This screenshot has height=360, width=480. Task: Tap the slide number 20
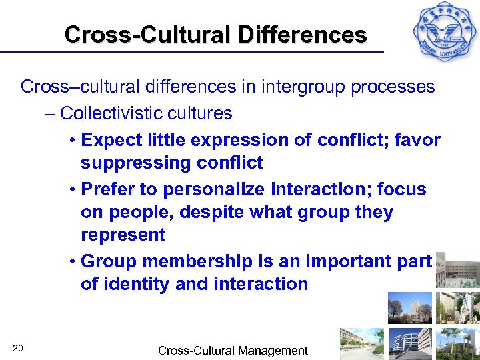[x=18, y=347]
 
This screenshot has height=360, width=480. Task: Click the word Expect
[x=111, y=140]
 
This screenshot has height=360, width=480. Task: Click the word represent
[x=123, y=235]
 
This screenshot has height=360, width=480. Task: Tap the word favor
[x=418, y=140]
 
